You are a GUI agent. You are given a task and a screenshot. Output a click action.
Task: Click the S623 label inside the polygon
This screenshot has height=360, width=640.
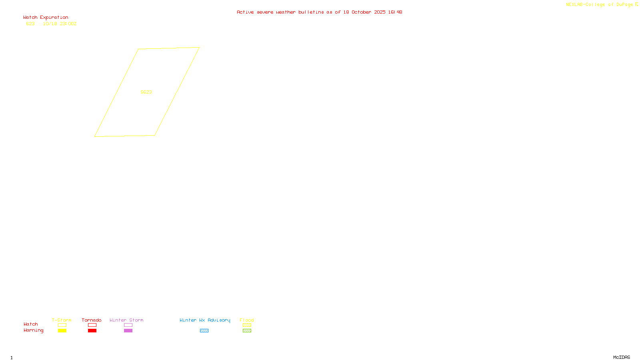pyautogui.click(x=146, y=92)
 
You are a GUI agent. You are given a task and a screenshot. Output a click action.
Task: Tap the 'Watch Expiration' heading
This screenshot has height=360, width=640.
pyautogui.click(x=46, y=18)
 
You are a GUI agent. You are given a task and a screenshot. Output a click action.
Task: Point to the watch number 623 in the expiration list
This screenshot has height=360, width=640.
pyautogui.click(x=30, y=24)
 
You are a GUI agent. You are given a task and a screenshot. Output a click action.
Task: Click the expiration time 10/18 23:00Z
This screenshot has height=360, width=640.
pyautogui.click(x=60, y=24)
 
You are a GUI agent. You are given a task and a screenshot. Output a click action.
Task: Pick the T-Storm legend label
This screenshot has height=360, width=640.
pyautogui.click(x=62, y=320)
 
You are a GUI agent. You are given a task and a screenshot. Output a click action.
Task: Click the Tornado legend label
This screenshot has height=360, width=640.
pyautogui.click(x=92, y=320)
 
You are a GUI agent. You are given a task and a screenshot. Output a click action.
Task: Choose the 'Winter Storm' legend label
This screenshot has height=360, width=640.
pyautogui.click(x=126, y=320)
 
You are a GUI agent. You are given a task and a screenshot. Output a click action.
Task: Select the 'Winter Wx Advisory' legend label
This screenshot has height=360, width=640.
pyautogui.click(x=205, y=320)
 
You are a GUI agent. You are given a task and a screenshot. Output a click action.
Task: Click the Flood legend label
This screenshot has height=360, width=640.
pyautogui.click(x=247, y=320)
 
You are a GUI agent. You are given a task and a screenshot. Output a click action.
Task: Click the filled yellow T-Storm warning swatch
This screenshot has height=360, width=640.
pyautogui.click(x=62, y=331)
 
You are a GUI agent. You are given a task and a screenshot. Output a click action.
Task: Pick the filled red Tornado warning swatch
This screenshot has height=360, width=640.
pyautogui.click(x=92, y=331)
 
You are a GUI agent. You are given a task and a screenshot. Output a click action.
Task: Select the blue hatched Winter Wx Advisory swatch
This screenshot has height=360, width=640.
pyautogui.click(x=204, y=331)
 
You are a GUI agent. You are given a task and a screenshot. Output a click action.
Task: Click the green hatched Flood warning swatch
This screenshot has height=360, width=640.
pyautogui.click(x=247, y=331)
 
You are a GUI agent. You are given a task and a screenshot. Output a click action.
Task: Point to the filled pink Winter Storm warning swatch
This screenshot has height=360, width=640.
pyautogui.click(x=128, y=331)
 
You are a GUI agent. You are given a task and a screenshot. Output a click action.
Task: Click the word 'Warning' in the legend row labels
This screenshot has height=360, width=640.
pyautogui.click(x=33, y=330)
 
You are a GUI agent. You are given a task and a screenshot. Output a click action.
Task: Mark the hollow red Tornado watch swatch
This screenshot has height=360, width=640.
pyautogui.click(x=92, y=325)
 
